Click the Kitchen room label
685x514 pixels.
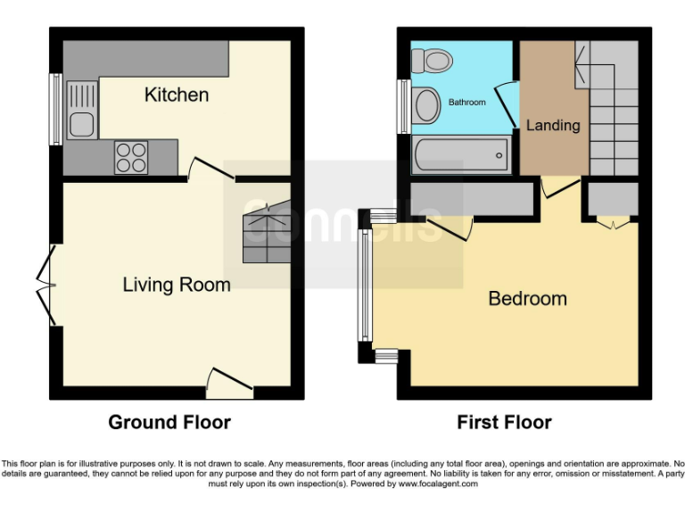[177, 95]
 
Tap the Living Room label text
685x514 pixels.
[177, 285]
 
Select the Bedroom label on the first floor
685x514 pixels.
[527, 298]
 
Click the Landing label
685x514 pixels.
[553, 125]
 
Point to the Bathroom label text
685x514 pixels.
[466, 103]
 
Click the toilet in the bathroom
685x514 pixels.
[432, 61]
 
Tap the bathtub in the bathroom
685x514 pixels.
[461, 155]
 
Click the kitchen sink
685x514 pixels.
[81, 109]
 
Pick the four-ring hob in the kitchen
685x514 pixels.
[130, 158]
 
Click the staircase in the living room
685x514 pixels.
[268, 231]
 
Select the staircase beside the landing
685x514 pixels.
[613, 108]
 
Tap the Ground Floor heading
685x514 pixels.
[169, 422]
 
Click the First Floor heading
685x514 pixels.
[504, 422]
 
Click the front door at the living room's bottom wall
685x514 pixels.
[229, 385]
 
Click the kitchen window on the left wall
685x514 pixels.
[55, 109]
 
